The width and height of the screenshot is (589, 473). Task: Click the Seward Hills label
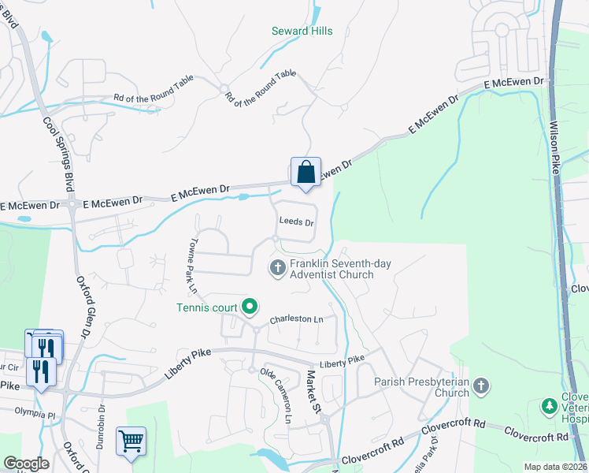coord(302,32)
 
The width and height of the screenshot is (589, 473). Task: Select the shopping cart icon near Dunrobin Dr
coord(131,441)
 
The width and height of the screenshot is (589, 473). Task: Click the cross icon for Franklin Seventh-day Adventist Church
coord(277,269)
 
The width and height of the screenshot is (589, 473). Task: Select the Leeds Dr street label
coord(297,223)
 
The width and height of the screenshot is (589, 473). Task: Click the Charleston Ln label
coord(297,320)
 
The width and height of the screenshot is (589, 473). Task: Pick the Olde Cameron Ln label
coord(276,397)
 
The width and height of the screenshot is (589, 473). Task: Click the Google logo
coord(27,464)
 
